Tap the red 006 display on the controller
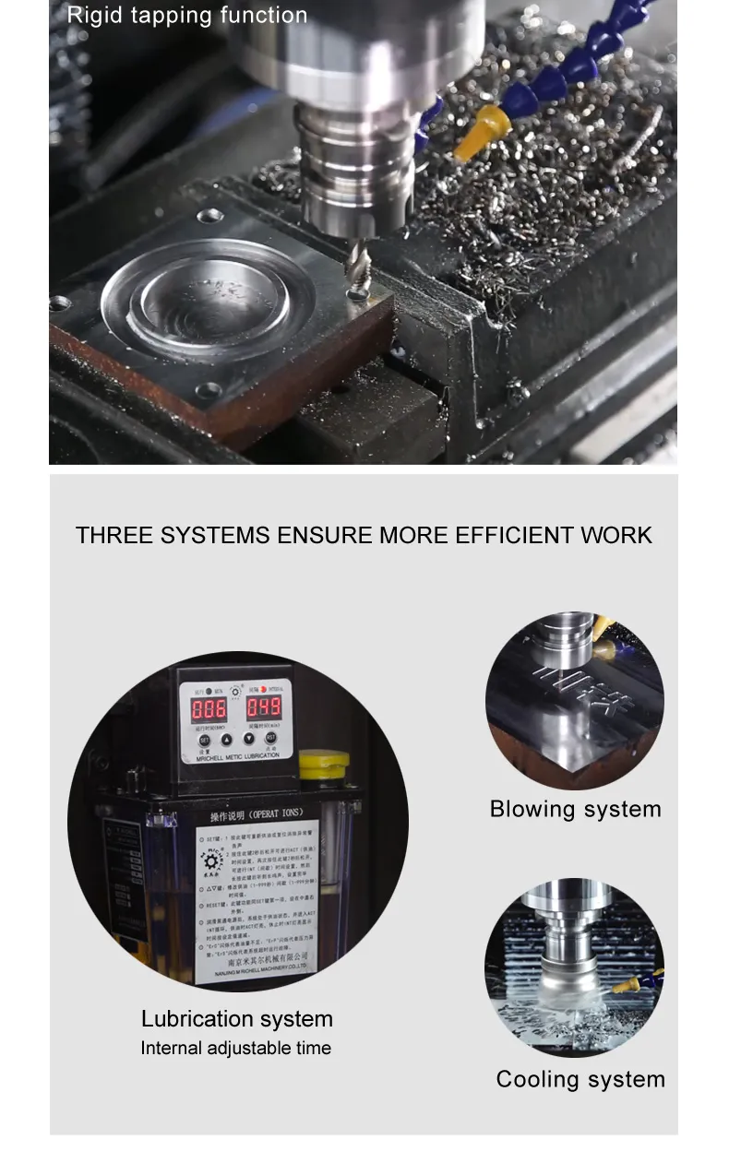[x=209, y=708]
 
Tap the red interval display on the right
[x=263, y=708]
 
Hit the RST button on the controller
[x=271, y=738]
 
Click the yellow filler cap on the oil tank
[x=324, y=762]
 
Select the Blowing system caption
[x=575, y=810]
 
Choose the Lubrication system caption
[x=237, y=1019]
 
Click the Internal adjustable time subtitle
[x=235, y=1049]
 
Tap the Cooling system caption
[x=580, y=1080]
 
